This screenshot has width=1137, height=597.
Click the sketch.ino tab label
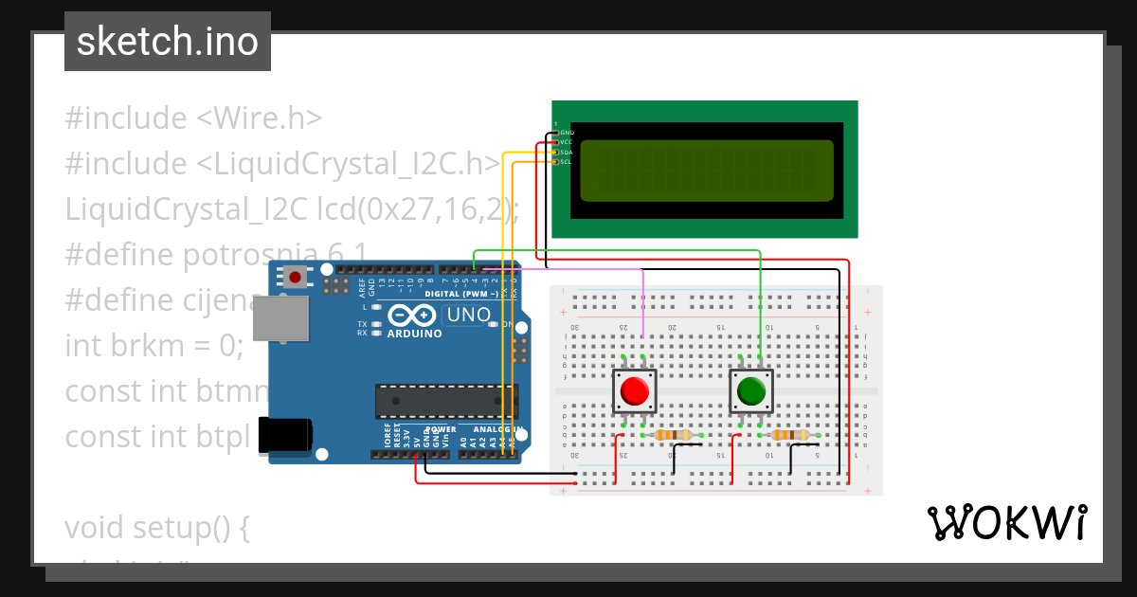click(x=167, y=42)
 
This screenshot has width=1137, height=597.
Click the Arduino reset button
click(x=296, y=278)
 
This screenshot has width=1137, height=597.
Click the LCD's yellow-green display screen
click(x=706, y=171)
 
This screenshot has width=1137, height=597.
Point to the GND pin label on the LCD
click(x=567, y=133)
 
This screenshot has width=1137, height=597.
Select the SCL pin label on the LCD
click(x=566, y=162)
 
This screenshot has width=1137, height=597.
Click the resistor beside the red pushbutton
click(x=674, y=435)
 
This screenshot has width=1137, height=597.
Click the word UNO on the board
click(x=468, y=315)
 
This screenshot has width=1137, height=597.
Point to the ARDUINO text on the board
click(x=414, y=334)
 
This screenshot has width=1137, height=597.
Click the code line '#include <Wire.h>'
click(x=194, y=118)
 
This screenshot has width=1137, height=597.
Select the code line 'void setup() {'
click(x=157, y=527)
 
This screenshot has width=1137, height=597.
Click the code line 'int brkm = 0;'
click(x=154, y=346)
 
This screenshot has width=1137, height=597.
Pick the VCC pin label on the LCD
click(x=566, y=142)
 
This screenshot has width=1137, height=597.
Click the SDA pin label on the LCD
click(x=566, y=152)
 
